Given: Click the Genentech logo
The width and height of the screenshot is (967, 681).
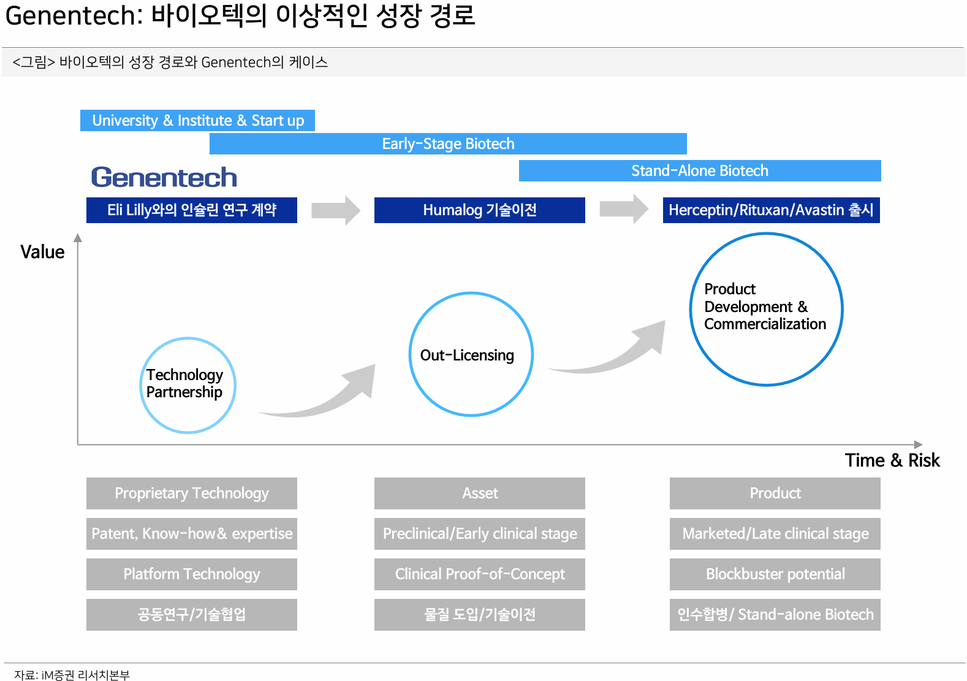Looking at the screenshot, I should [164, 177].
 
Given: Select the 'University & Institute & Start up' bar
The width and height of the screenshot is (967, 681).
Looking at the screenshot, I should [197, 120].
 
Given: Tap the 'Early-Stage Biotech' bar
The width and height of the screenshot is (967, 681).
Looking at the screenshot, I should [448, 143].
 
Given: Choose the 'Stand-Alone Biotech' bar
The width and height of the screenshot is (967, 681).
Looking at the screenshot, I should [699, 170].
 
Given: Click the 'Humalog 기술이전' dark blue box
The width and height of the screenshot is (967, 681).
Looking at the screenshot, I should [479, 210].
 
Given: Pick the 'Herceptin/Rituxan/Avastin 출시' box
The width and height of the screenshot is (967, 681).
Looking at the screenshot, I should [771, 210].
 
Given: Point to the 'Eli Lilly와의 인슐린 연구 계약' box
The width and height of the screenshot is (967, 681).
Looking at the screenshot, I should [191, 210].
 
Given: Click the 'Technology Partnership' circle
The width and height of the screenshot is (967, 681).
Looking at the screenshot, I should [188, 385].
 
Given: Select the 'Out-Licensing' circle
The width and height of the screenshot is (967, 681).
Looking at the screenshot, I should [471, 354].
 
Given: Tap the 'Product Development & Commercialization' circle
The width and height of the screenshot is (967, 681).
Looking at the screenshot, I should [766, 309].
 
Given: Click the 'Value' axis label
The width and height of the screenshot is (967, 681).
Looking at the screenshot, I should [42, 252].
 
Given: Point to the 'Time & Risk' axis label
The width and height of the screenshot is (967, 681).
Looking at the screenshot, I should [892, 460].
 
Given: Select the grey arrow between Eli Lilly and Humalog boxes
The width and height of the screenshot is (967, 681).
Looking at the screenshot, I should [335, 210].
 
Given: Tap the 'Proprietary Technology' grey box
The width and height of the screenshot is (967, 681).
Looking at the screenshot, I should [191, 493].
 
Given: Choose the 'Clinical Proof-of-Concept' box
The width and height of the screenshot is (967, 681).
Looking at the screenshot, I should [479, 574].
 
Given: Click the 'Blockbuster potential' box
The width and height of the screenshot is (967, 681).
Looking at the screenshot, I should [775, 574].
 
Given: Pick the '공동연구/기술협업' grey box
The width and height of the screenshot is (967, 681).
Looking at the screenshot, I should [191, 615].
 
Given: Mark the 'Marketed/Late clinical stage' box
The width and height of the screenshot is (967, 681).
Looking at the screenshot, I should [775, 534].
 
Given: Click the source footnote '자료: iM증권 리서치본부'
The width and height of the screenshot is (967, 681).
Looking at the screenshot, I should [72, 675].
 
